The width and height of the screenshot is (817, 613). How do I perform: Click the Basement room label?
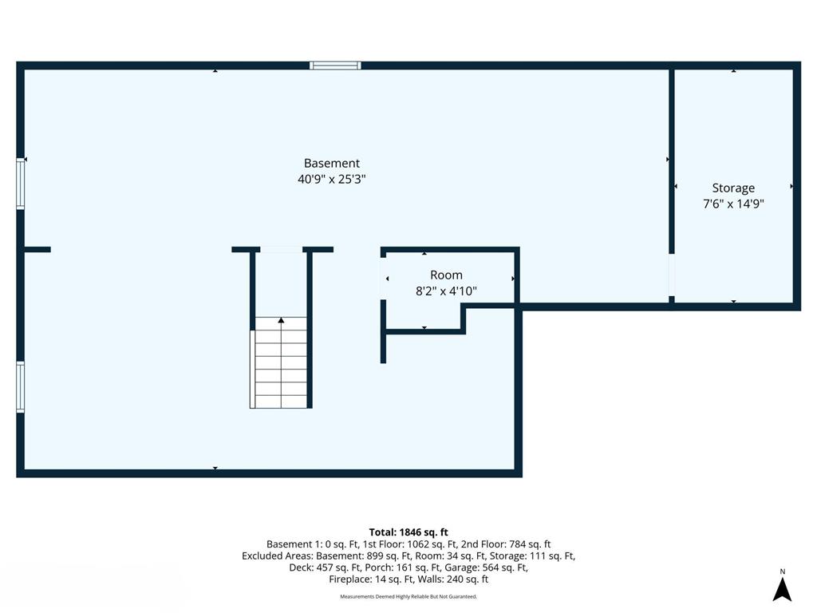tap(331, 163)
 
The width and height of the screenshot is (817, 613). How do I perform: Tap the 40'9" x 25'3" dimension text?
tap(331, 180)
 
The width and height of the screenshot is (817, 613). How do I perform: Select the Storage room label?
tap(733, 188)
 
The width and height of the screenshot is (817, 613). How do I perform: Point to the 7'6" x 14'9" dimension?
tap(733, 204)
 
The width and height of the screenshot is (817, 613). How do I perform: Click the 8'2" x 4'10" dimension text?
tap(446, 291)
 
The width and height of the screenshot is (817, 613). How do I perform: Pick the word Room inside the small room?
tap(446, 275)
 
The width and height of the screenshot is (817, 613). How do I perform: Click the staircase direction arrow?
tap(281, 321)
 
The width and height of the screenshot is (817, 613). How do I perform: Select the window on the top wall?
tap(335, 65)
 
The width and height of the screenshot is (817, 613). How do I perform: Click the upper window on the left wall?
tap(21, 184)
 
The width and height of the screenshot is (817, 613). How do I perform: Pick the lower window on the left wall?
tap(21, 386)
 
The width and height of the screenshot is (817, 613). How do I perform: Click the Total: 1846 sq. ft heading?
tap(408, 532)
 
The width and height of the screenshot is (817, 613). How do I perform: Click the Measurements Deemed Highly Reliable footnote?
tap(408, 596)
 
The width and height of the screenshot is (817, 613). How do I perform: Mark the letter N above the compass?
tap(783, 571)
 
